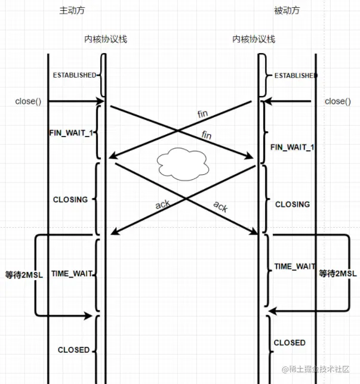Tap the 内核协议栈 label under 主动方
coord(105,39)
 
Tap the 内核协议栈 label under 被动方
coord(254,39)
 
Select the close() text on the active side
coord(28,101)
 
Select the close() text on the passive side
coord(338,101)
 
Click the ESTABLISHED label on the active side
coord(75,75)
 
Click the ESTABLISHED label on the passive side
coord(295,76)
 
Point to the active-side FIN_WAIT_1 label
coord(71,132)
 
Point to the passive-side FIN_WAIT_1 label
coord(293,147)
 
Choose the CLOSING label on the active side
coord(70,200)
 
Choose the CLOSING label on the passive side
coord(293,205)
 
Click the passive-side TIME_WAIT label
coord(294,267)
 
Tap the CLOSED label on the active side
coord(73,350)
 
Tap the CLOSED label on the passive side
coord(290,343)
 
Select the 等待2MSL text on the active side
coord(19,274)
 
